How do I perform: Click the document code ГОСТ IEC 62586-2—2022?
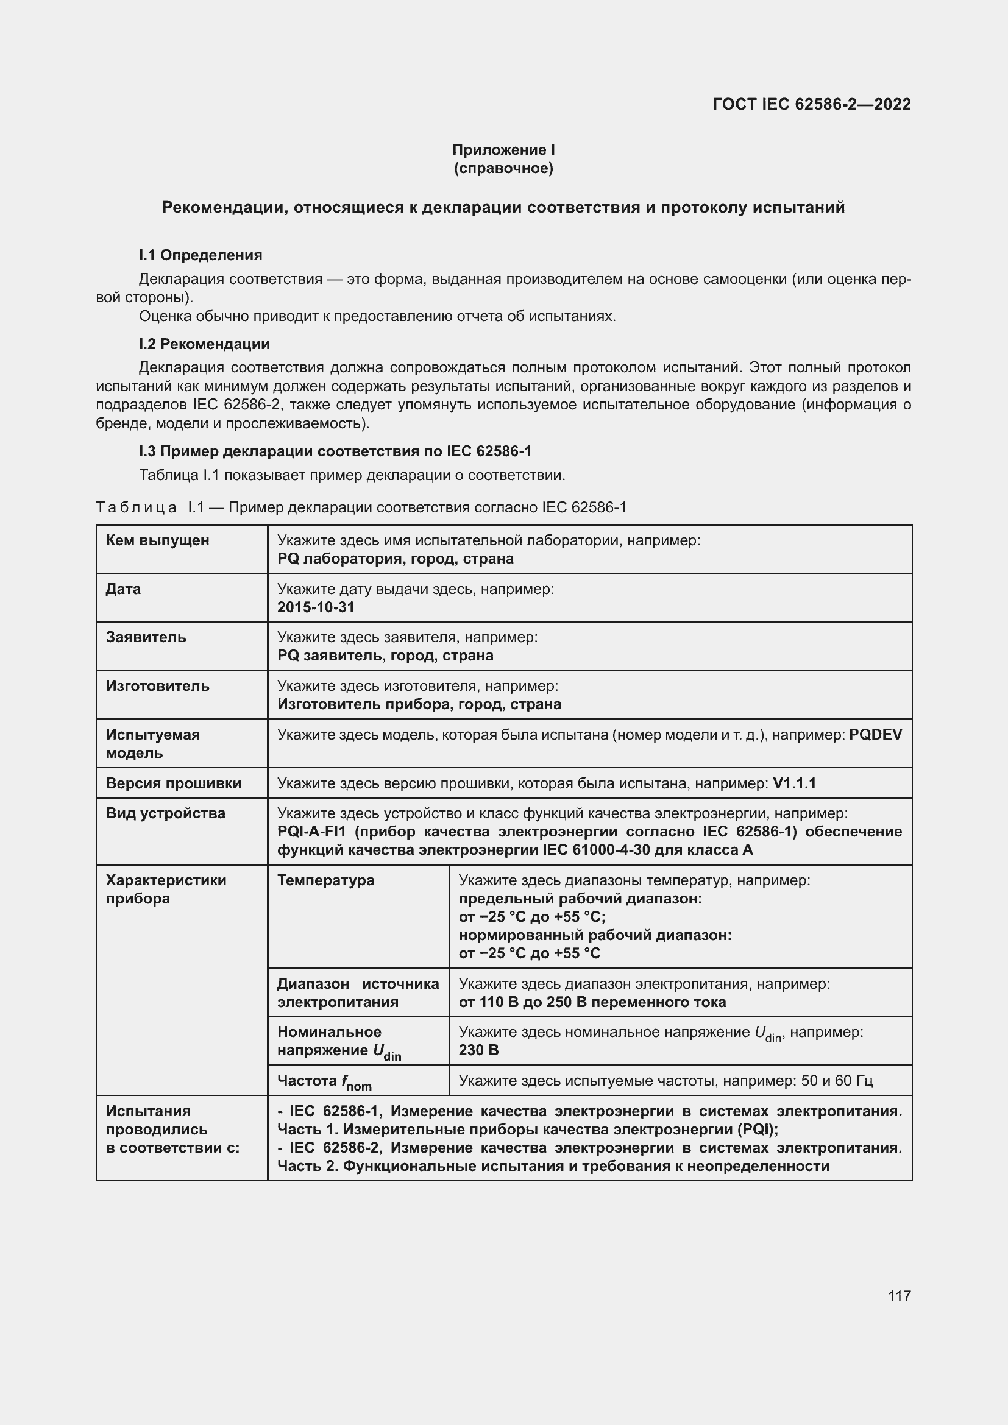tap(811, 104)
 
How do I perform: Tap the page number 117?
tap(899, 1296)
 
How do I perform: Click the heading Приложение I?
tap(503, 150)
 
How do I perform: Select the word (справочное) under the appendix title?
tap(503, 168)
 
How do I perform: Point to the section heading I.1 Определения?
tap(200, 255)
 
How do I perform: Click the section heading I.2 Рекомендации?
tap(204, 344)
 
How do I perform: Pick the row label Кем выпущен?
tap(157, 540)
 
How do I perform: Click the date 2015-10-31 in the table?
tap(315, 607)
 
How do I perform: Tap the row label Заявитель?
tap(145, 637)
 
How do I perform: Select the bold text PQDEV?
tap(875, 734)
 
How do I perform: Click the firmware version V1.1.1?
tap(794, 783)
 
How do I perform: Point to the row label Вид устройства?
tap(165, 813)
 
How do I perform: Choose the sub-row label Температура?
tap(325, 880)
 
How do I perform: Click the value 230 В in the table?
tap(478, 1050)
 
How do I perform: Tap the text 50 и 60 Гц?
tap(837, 1081)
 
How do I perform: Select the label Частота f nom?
tap(324, 1082)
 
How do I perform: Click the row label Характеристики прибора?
tap(166, 889)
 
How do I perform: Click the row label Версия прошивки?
tap(173, 783)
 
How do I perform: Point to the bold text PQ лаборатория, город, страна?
tap(396, 559)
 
